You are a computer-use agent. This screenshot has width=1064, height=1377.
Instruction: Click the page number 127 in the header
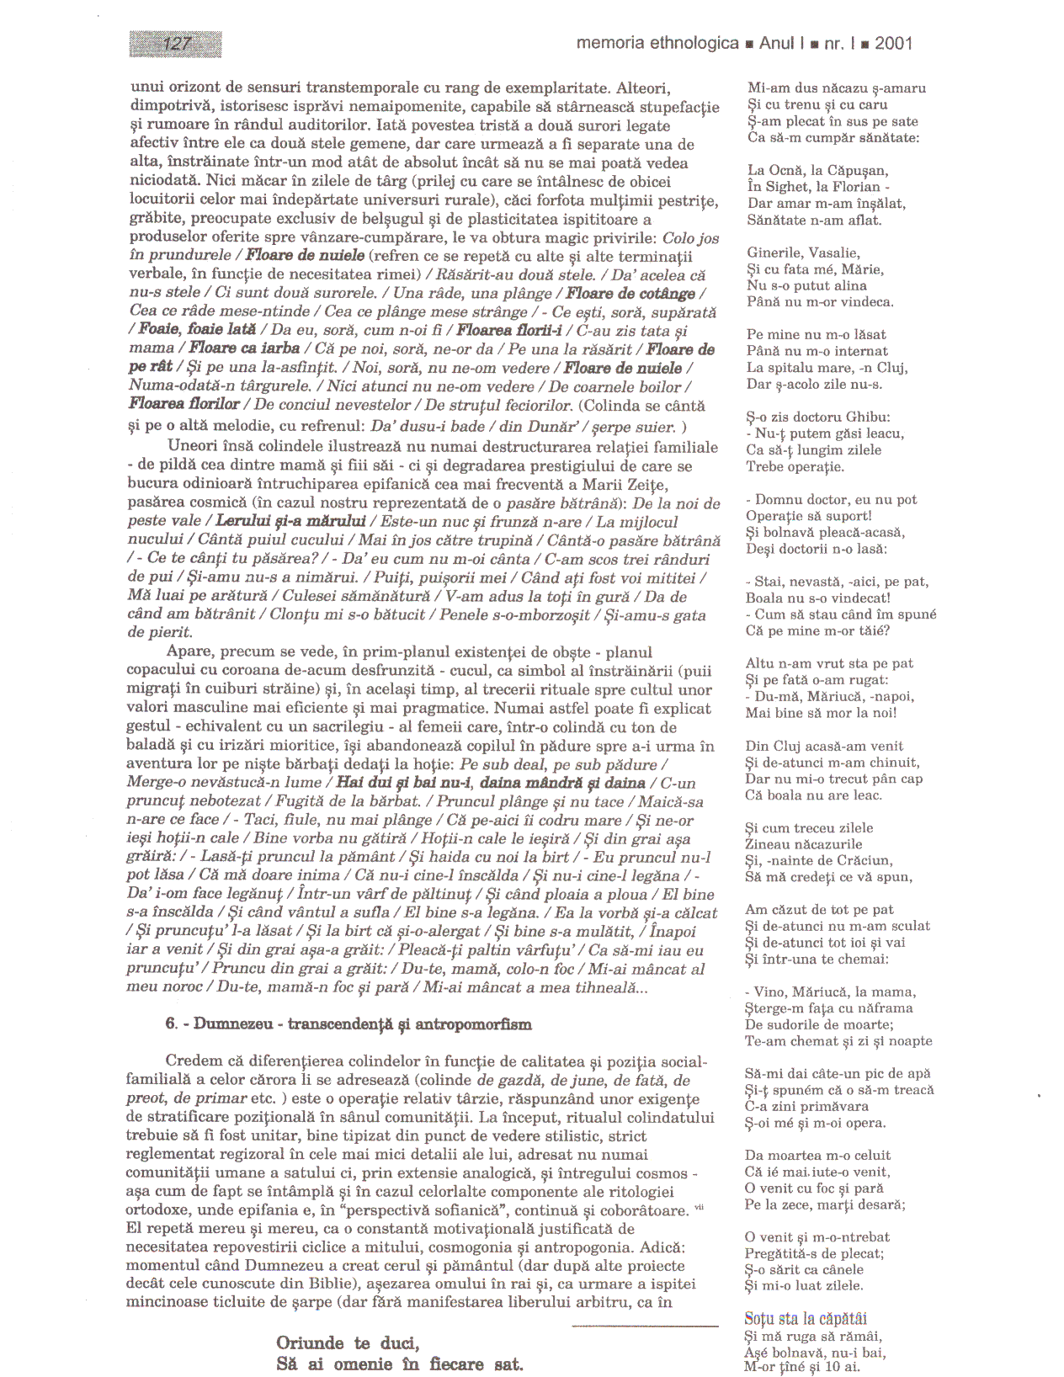(x=177, y=44)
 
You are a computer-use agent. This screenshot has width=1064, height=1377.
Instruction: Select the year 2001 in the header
(x=893, y=44)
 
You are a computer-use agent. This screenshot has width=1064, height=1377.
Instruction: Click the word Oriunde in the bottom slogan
(x=310, y=1343)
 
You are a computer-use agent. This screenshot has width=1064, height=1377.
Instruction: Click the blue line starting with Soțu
(x=805, y=1319)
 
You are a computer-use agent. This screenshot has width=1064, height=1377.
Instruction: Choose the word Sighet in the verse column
(x=786, y=188)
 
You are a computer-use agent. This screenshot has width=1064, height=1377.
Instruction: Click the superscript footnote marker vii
(x=699, y=1208)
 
